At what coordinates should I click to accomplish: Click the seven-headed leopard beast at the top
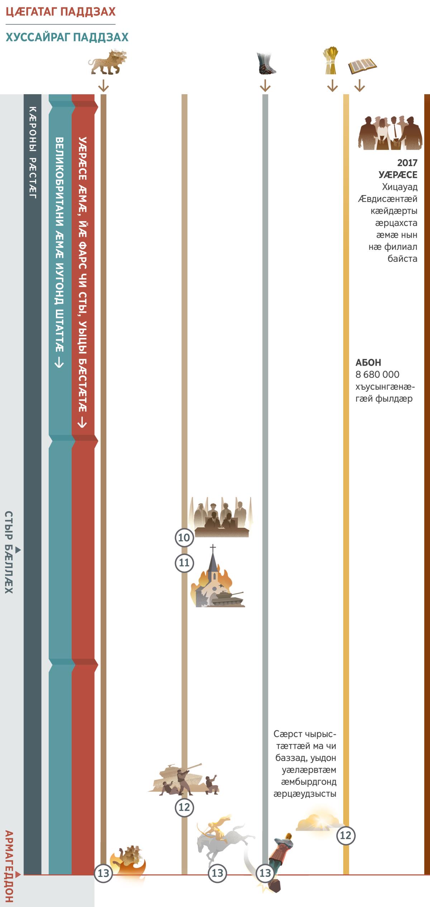(107, 62)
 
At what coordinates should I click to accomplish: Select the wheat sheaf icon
(331, 61)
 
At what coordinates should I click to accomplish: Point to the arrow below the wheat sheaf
(332, 86)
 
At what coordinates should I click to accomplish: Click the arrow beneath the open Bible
(359, 86)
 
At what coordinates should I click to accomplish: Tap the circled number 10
(184, 537)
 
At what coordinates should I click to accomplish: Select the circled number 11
(184, 563)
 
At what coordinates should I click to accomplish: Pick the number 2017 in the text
(407, 163)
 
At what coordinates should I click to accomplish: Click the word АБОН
(368, 362)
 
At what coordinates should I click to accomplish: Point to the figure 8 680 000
(377, 375)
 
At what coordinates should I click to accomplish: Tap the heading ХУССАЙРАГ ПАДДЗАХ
(67, 37)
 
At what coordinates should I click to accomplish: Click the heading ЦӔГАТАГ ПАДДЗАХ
(61, 12)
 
